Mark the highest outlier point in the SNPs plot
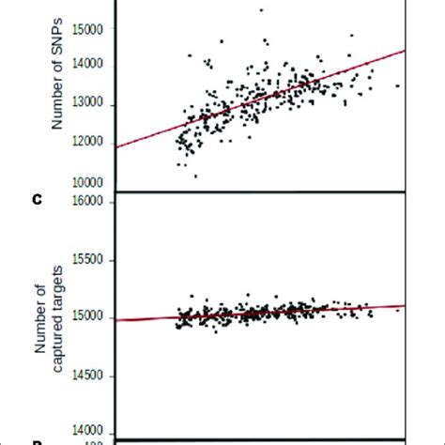point(261,10)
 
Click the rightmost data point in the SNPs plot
point(397,85)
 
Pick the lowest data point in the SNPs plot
point(195,176)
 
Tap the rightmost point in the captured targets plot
point(397,309)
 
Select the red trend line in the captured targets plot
point(282,311)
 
